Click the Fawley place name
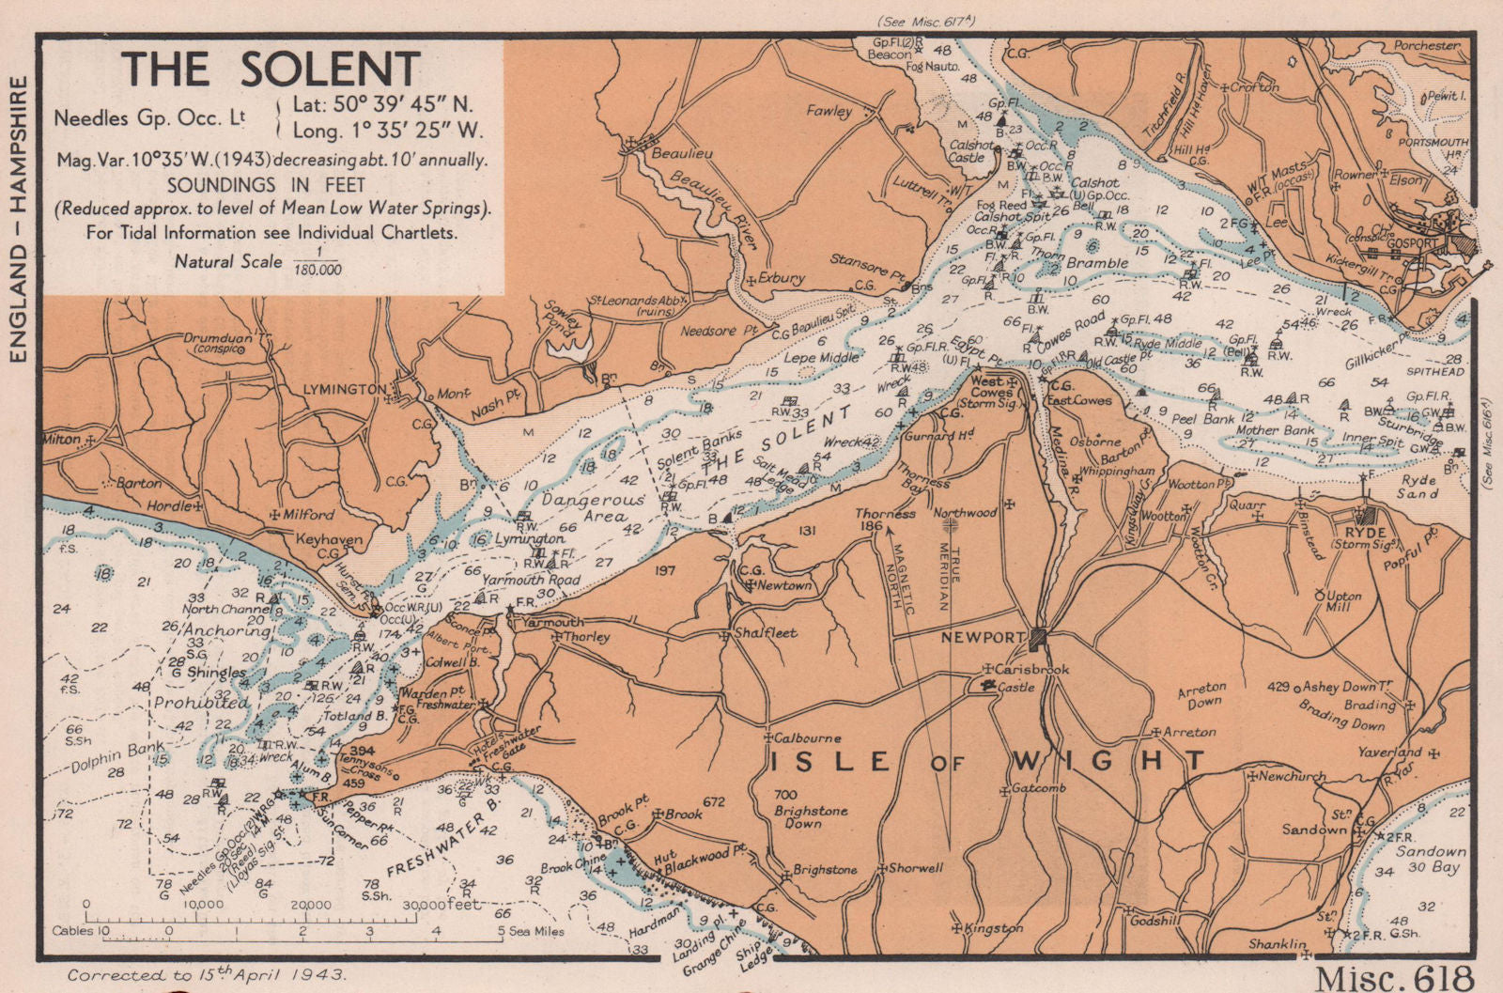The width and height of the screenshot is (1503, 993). [829, 111]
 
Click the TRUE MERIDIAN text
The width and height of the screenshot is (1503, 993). [954, 577]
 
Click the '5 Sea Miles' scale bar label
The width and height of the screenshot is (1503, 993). [530, 931]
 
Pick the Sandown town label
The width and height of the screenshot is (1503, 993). [1315, 830]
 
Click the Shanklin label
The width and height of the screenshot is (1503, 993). [1277, 943]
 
